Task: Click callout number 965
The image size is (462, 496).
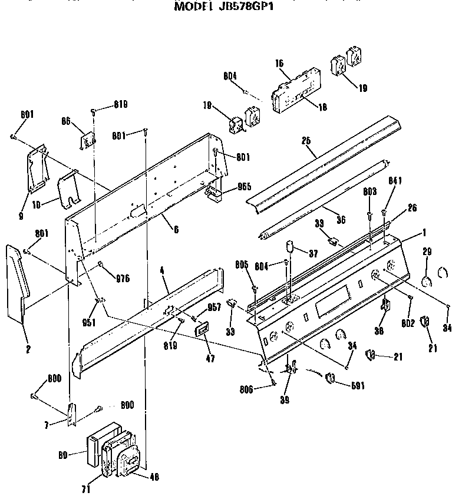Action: pos(243,187)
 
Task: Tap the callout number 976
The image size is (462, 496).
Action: pos(123,278)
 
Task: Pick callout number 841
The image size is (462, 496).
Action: pos(395,181)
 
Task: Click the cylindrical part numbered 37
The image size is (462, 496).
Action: pos(289,246)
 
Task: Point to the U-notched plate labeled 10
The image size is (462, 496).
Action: pos(70,190)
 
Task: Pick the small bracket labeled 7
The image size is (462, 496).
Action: pos(72,414)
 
